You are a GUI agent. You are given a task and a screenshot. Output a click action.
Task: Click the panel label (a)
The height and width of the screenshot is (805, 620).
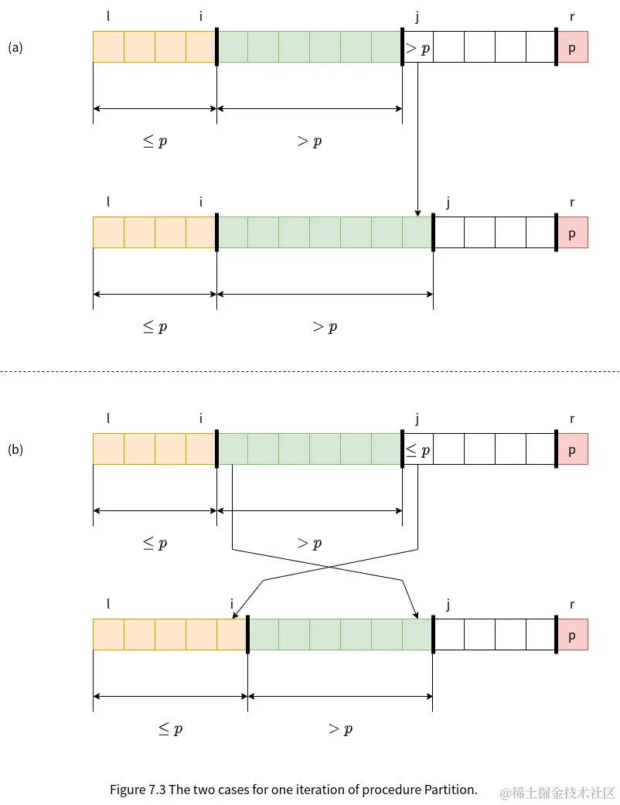(x=15, y=47)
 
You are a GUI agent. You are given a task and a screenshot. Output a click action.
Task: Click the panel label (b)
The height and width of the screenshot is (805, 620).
(x=15, y=449)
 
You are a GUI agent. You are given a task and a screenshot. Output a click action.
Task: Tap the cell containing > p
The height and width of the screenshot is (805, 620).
(x=417, y=47)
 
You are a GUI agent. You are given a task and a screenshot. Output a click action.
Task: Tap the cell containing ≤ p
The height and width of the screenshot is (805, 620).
(x=417, y=449)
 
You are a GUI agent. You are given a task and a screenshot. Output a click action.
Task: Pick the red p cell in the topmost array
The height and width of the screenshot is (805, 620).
(x=572, y=47)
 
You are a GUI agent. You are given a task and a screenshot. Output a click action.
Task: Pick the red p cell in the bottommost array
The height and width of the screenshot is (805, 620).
(x=572, y=635)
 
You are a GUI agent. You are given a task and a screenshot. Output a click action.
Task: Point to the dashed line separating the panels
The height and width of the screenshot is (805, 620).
(x=309, y=372)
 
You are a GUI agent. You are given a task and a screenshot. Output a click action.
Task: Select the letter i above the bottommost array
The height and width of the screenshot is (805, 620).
(x=232, y=605)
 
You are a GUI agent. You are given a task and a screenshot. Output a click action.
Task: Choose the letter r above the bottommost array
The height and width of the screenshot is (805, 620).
(x=572, y=605)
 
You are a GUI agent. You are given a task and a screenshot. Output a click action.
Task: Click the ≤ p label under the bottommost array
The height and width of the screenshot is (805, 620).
(x=170, y=728)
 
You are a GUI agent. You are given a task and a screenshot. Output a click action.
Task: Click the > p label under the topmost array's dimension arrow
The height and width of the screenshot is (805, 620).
(x=309, y=141)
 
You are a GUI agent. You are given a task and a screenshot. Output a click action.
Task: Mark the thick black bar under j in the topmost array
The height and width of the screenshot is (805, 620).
(x=402, y=47)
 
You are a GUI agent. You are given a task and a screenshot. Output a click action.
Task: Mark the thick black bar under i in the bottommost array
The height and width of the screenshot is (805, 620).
(x=247, y=635)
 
